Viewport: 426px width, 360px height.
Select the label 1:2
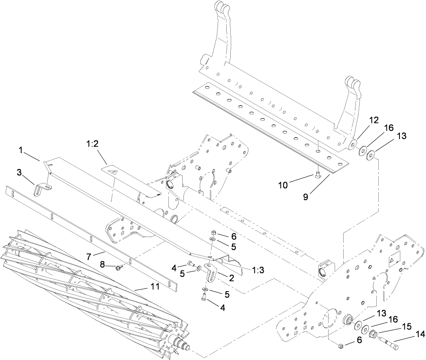coord(92,144)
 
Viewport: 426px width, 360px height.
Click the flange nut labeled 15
coord(373,335)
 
